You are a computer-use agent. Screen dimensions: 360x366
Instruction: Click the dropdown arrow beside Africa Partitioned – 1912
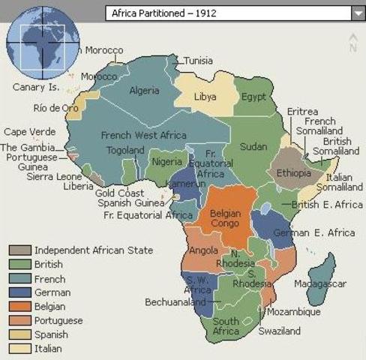coord(356,13)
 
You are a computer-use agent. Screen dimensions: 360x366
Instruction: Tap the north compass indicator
coord(352,43)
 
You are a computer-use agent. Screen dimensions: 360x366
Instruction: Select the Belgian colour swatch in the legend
coord(20,307)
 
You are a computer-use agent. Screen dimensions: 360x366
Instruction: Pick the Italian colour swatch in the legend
coord(20,349)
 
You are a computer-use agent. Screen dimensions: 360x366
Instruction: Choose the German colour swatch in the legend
coord(20,292)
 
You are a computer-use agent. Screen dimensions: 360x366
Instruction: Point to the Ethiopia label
coord(294,173)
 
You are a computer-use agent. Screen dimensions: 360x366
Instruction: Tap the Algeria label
coord(145,91)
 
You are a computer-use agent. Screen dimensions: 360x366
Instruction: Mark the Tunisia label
coord(198,61)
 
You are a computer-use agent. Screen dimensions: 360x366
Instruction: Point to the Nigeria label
coord(166,161)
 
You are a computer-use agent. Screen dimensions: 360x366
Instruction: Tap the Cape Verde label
coord(25,132)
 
